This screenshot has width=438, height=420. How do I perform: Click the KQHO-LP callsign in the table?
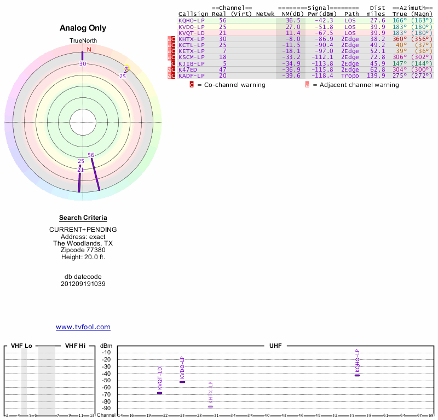point(192,20)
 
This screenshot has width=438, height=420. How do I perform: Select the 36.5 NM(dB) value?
point(293,20)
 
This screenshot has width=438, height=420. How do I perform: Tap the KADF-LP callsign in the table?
point(192,75)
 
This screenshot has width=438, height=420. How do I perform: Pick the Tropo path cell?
point(350,75)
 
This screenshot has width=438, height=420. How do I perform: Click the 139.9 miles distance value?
point(376,75)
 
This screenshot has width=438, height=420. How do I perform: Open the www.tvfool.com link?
point(83,327)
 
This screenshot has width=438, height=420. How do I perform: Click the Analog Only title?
point(83,28)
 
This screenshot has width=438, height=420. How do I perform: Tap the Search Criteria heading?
point(83,218)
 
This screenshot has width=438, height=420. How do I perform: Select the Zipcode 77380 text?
point(83,250)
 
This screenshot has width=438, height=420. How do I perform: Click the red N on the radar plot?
point(89,49)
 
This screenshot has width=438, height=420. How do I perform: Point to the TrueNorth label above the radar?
point(83,41)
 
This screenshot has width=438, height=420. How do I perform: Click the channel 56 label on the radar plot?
point(91,155)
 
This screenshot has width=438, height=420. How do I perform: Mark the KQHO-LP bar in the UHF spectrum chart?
point(357,375)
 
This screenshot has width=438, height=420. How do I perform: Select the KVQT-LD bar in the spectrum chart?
point(159,393)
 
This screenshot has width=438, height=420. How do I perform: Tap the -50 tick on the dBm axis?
point(106,380)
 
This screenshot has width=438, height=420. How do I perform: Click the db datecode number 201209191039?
point(83,284)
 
